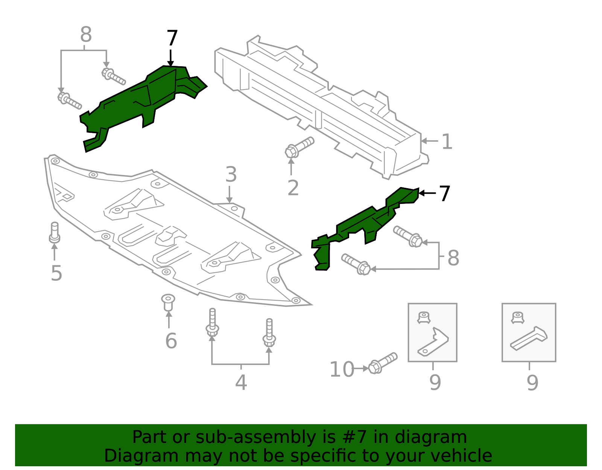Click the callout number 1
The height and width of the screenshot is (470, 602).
[x=447, y=142]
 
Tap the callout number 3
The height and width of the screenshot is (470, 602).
[x=231, y=175]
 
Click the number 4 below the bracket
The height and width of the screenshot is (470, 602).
[x=241, y=383]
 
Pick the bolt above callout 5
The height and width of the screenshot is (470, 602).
[x=55, y=233]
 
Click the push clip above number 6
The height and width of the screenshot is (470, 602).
[x=168, y=302]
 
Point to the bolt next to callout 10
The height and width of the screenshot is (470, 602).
[x=382, y=363]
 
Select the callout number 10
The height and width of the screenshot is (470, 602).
[x=342, y=370]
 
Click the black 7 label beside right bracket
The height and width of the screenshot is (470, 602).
[x=444, y=193]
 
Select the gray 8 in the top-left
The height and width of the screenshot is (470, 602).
[x=86, y=35]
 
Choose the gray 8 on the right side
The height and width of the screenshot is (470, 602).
[x=453, y=258]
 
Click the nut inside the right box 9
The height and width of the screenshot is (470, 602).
[x=518, y=317]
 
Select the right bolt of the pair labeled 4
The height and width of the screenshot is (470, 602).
[x=269, y=333]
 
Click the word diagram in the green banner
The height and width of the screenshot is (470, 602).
[x=439, y=437]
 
